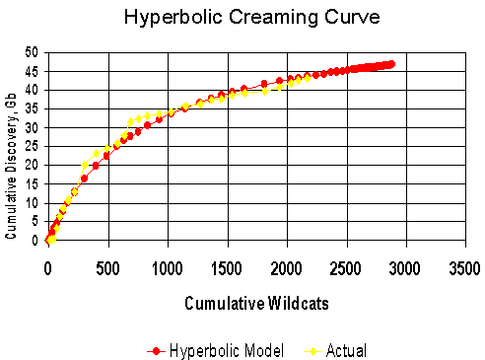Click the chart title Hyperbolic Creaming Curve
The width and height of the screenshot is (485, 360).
point(242,18)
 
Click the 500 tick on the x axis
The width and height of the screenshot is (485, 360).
point(106,267)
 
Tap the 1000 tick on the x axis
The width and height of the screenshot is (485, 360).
point(167,267)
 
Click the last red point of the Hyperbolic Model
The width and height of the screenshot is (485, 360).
point(391,64)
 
